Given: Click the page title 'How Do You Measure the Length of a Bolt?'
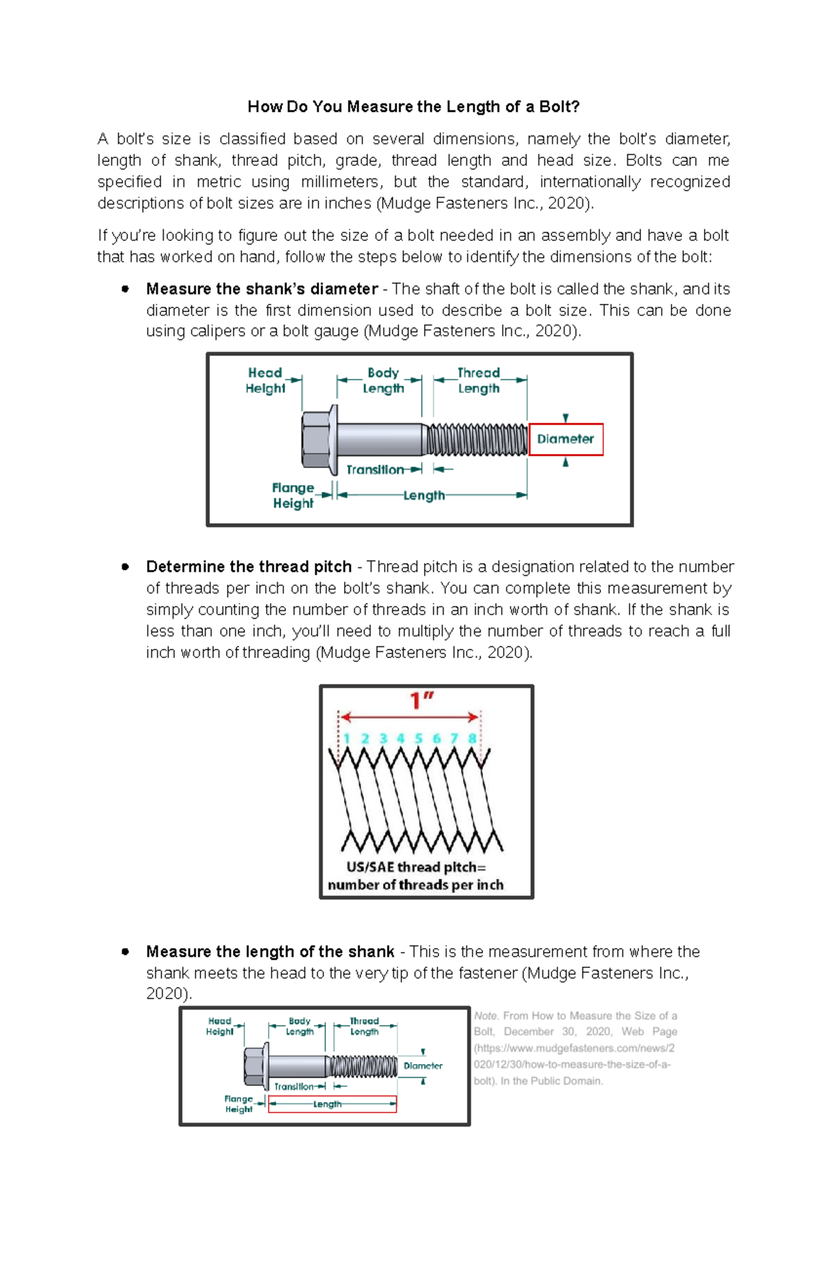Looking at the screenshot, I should (413, 107).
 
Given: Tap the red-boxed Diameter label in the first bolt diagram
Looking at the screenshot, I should (566, 439).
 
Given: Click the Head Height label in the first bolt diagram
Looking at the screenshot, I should (265, 380).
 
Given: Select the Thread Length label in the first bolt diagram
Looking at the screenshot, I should (479, 380).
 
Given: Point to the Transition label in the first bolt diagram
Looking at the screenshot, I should (375, 470).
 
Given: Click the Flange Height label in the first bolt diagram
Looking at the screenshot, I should (293, 496).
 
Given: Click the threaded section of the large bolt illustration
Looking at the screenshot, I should (477, 440).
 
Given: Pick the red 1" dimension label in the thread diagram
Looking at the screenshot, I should (421, 702).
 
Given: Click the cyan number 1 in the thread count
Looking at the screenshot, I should (347, 739).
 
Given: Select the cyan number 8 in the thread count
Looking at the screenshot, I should (473, 739).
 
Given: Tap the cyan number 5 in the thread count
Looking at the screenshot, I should (419, 739).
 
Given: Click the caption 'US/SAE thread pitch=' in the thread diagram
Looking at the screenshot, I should (416, 868).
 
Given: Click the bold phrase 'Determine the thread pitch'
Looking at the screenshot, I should (249, 567).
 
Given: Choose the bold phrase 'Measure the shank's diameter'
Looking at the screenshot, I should (262, 289).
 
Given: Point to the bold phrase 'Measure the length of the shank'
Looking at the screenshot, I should (270, 952).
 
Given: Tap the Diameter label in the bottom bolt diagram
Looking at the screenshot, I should (423, 1066).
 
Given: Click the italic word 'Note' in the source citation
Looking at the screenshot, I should (486, 1016).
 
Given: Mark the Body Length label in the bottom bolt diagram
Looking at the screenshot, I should (300, 1026).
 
